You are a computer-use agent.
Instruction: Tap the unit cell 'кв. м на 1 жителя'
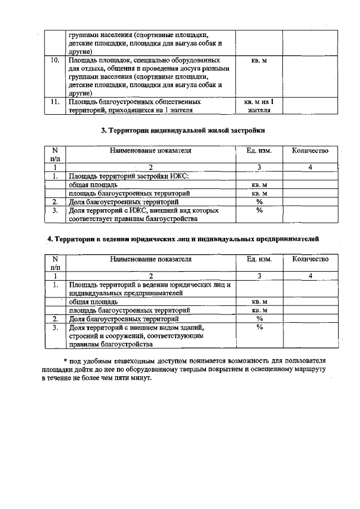pyautogui.click(x=259, y=106)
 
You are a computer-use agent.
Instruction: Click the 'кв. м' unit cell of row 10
pyautogui.click(x=259, y=59)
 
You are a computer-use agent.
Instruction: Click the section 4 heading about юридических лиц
pyautogui.click(x=183, y=239)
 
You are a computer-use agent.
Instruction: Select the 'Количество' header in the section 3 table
pyautogui.click(x=310, y=151)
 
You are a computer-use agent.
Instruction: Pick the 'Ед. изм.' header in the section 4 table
pyautogui.click(x=259, y=259)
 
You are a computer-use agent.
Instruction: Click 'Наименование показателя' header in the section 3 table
pyautogui.click(x=151, y=151)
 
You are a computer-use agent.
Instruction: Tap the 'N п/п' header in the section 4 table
pyautogui.click(x=55, y=263)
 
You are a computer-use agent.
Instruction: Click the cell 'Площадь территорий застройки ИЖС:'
pyautogui.click(x=129, y=176)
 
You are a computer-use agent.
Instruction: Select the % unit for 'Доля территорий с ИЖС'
pyautogui.click(x=259, y=210)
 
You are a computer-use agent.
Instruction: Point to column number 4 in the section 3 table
pyautogui.click(x=310, y=167)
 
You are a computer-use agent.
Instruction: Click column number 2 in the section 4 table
pyautogui.click(x=151, y=276)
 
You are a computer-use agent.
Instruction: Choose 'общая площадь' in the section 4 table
pyautogui.click(x=93, y=301)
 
